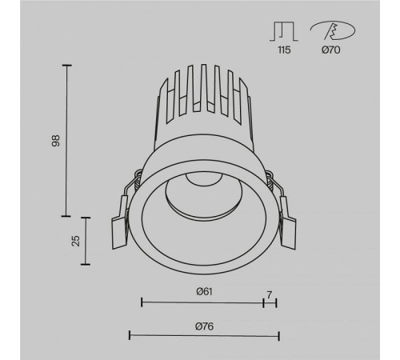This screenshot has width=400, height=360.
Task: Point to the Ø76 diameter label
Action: (x=204, y=326)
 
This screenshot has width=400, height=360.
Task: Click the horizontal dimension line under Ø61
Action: (x=202, y=302)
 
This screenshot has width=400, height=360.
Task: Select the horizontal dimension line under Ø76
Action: (x=204, y=334)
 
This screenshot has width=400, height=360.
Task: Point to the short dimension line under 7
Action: (x=270, y=302)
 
